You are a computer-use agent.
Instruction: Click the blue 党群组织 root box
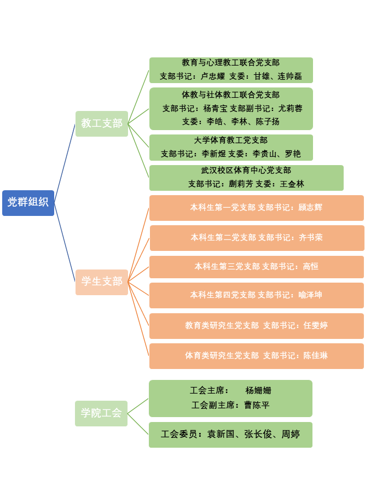pos(28,202)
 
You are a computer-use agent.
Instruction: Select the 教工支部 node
pos(102,124)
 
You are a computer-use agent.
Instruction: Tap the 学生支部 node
pos(102,282)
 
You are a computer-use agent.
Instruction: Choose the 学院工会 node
pos(101,413)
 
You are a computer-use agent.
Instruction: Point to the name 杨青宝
pos(215,108)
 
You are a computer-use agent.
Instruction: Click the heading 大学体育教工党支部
pos(230,140)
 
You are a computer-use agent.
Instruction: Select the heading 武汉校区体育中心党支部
pos(246,171)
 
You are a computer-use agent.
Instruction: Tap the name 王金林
pos(292,184)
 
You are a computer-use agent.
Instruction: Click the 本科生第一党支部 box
pos(256,208)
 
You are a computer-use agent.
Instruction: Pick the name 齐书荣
pos(311,237)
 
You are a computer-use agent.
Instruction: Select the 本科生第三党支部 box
pos(256,267)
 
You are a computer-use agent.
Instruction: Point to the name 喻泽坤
pos(310,295)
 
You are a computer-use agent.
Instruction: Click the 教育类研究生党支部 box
pos(256,326)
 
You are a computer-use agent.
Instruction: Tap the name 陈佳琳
pos(316,356)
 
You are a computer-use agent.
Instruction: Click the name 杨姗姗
pos(258,391)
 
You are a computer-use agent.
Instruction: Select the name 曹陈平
pos(257,405)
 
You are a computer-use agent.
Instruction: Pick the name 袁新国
pos(221,435)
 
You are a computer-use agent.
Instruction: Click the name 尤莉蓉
pos(290,108)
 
